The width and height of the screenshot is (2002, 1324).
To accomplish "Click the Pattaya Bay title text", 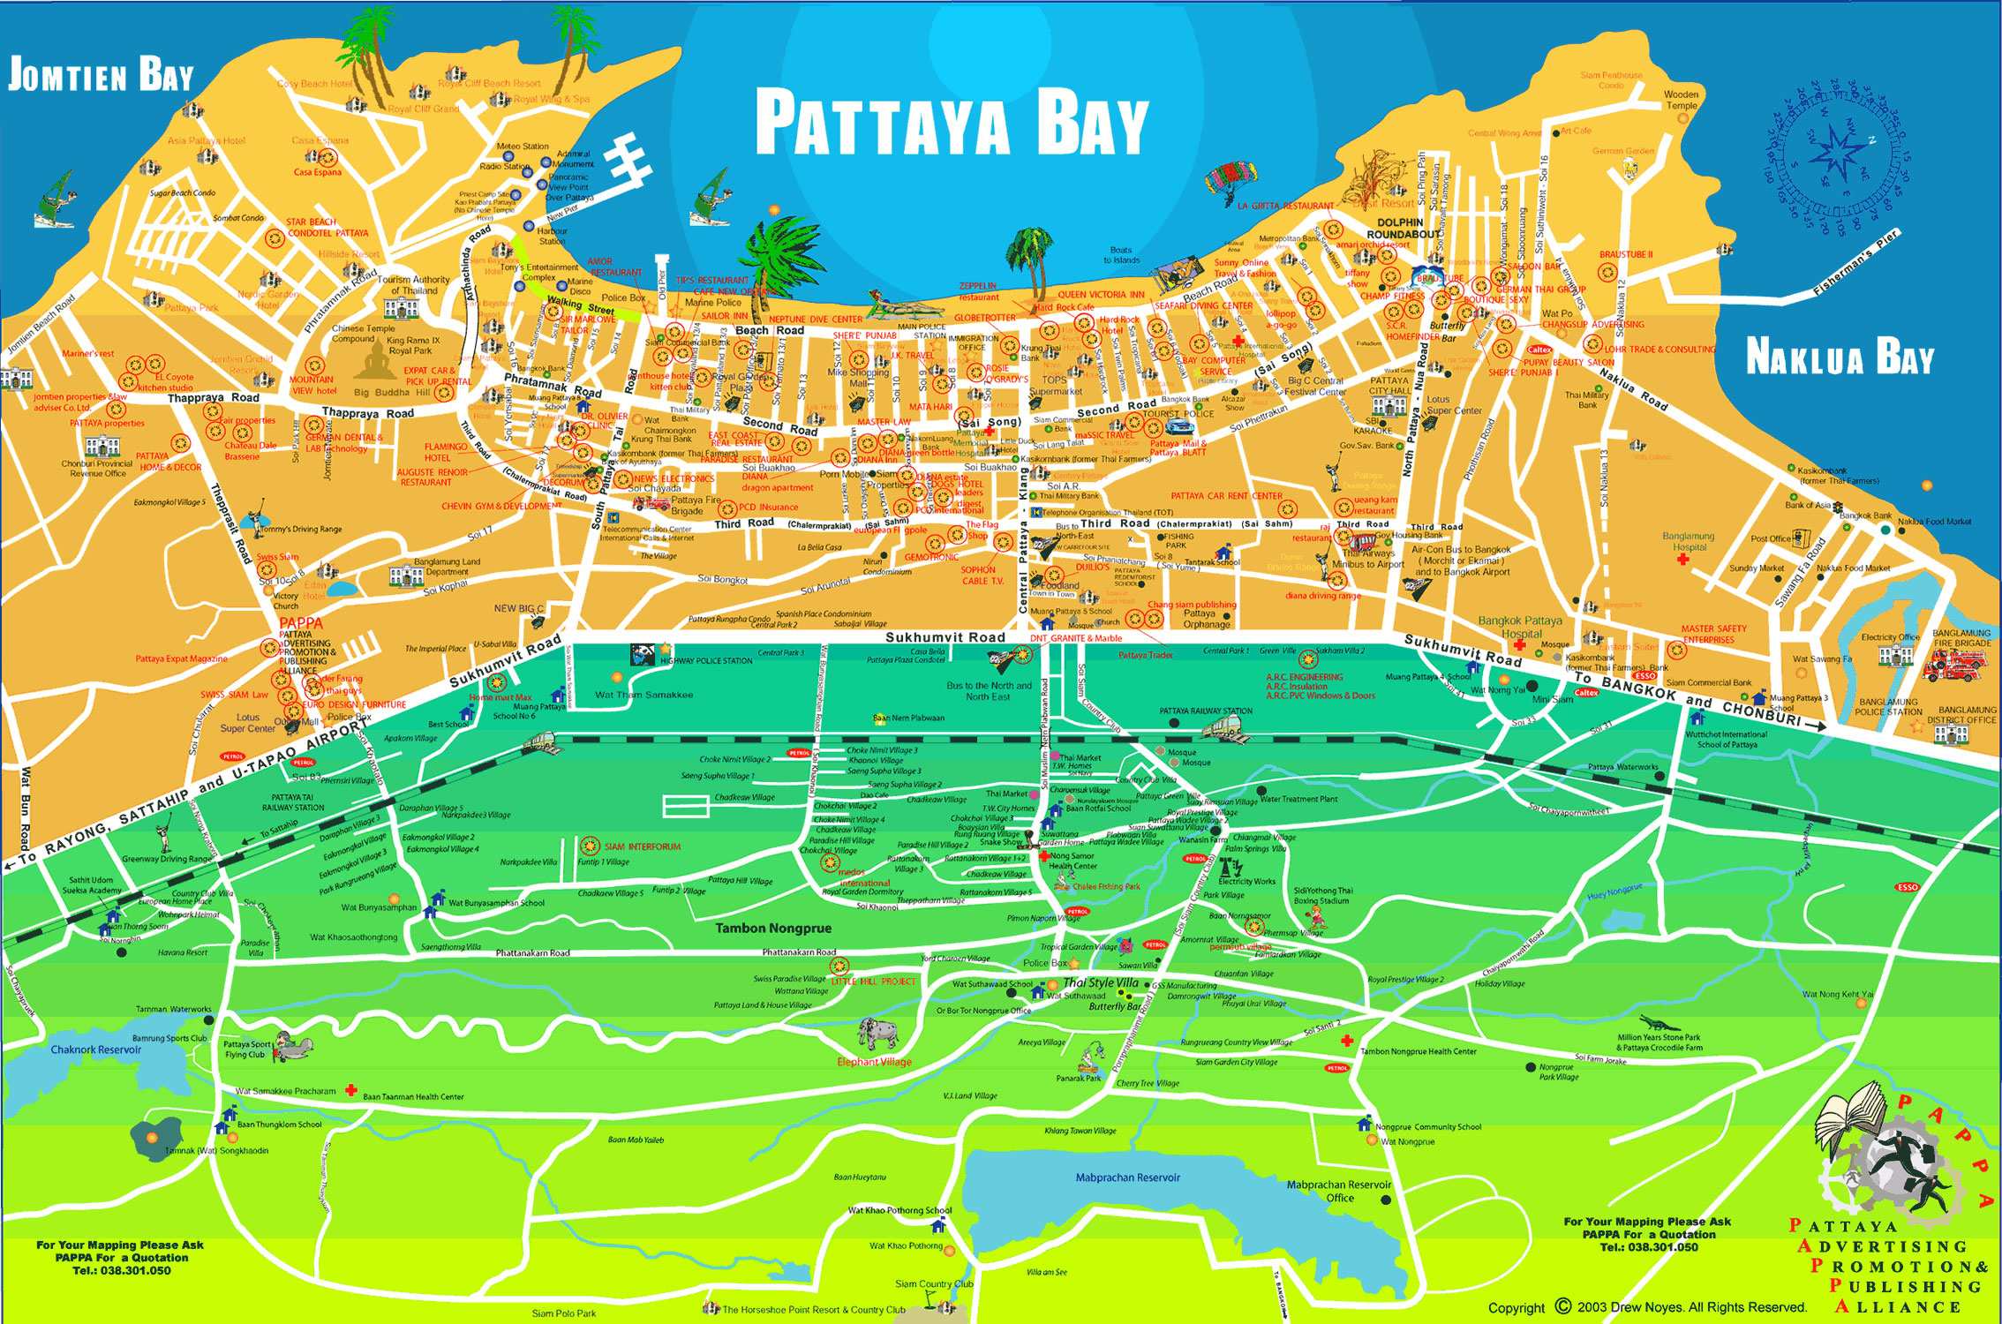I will click(x=952, y=126).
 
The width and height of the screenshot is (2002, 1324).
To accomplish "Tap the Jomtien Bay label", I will click(x=100, y=77).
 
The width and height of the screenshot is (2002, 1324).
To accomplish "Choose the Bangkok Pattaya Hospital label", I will click(x=1522, y=627).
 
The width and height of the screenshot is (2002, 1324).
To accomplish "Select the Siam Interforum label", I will click(x=643, y=846).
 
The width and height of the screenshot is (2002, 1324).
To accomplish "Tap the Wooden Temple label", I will click(x=1681, y=100).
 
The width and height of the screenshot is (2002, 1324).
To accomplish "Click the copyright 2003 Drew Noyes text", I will click(x=1647, y=1308).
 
